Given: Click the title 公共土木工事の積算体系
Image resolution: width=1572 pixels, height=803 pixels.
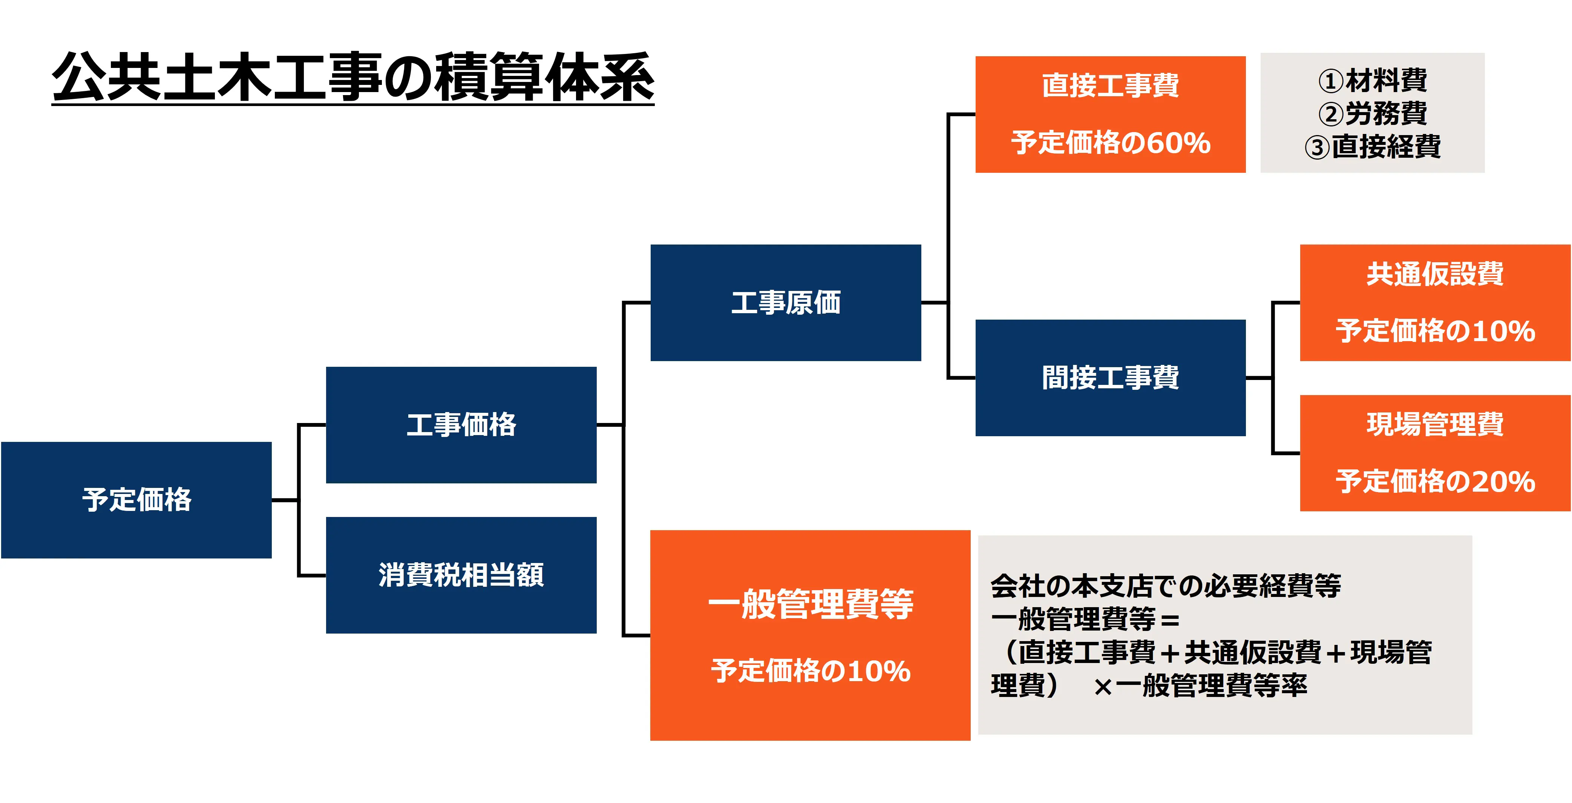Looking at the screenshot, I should (353, 78).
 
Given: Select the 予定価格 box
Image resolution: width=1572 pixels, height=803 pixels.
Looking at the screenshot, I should (137, 500).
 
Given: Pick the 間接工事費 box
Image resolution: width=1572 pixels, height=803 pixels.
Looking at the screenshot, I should (1110, 377).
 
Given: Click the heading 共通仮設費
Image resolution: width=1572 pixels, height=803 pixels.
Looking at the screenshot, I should (1435, 274).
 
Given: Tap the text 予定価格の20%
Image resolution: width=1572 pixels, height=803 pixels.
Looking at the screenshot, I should (1435, 482).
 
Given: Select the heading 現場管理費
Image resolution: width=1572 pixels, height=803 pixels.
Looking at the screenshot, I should (1435, 424).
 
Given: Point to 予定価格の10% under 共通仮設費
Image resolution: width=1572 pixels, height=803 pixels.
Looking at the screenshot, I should (1435, 331).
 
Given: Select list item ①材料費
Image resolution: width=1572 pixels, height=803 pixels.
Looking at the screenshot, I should (1373, 80).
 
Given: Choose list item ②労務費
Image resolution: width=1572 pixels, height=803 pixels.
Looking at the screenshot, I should (1373, 113).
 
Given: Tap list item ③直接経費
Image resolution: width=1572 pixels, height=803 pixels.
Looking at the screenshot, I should (1373, 146).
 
